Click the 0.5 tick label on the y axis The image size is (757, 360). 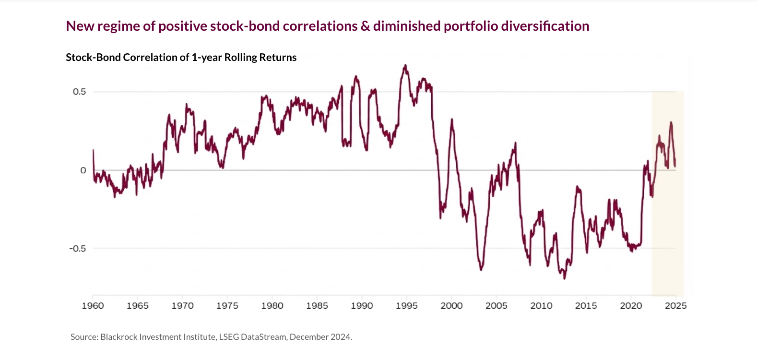point(79,92)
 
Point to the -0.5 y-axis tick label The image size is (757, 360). point(78,249)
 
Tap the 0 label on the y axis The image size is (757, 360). point(83,170)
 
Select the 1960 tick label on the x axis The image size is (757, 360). point(93,306)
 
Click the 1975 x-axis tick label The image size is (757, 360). point(227,306)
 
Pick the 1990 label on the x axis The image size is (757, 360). point(362,306)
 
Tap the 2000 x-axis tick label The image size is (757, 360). point(451,306)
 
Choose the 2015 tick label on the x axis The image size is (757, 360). point(586,306)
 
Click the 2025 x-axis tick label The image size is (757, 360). point(675,306)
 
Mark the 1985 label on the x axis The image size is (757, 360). point(317,306)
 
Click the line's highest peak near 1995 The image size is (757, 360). point(406,65)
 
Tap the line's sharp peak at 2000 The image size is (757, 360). point(451,120)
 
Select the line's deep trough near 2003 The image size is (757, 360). point(481,270)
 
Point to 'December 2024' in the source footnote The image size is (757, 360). point(320,337)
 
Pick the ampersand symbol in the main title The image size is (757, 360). point(366,26)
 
